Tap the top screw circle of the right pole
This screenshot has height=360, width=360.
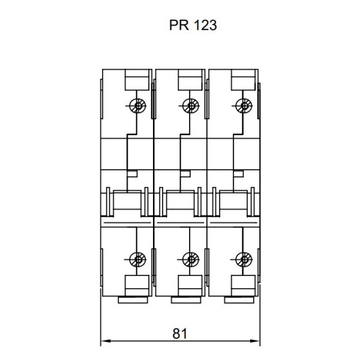244,106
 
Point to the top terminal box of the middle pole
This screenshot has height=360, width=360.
190,80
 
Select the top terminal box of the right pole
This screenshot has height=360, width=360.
242,80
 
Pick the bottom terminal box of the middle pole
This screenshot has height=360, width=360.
190,284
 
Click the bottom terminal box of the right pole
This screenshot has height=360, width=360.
242,284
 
